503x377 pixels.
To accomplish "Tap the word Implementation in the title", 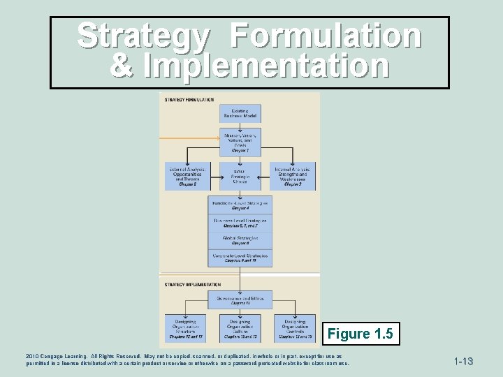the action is point(266,66).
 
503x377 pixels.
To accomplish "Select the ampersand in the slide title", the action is point(123,66).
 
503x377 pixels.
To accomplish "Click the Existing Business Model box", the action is point(240,114).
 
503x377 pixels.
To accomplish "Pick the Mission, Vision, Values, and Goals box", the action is point(240,142).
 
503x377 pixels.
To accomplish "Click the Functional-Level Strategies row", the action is point(240,205).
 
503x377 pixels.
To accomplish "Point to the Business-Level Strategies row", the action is point(240,223).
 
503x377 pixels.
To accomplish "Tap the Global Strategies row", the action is point(240,241).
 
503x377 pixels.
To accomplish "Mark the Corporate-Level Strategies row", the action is point(240,258).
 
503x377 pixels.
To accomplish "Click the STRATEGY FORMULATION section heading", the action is point(189,100).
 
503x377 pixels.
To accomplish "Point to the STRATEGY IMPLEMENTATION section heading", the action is point(192,284).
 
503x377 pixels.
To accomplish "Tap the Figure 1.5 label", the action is point(359,333).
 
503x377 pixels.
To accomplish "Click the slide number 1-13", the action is point(464,362).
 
